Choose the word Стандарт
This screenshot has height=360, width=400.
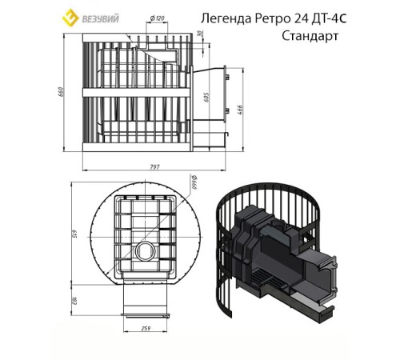(x=308, y=36)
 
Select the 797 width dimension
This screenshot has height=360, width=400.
(x=155, y=166)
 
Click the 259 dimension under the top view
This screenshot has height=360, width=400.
(x=145, y=329)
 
